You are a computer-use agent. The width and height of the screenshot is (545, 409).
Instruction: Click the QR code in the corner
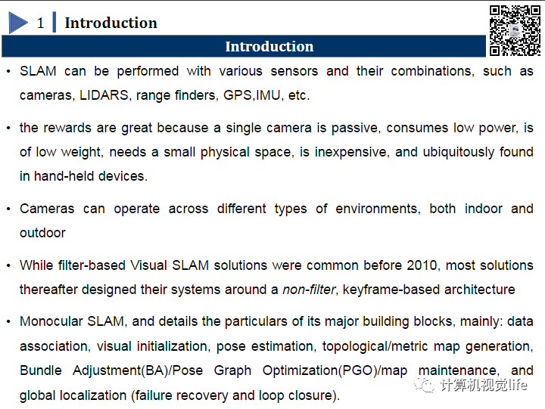515,30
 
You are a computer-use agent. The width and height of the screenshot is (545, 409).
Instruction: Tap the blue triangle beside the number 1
17,23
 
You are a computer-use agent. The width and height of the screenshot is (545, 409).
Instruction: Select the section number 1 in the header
41,23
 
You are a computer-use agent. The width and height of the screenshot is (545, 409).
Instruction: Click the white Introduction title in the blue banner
269,47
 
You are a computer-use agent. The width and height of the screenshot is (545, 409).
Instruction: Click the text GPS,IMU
253,95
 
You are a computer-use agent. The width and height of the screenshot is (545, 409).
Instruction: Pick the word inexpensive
350,152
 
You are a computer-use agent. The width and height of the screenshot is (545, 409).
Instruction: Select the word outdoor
42,233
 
